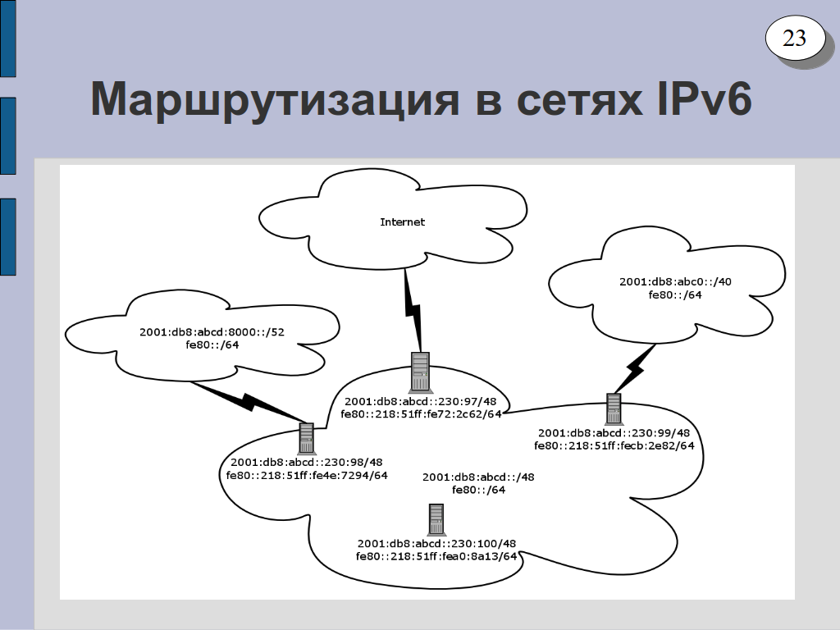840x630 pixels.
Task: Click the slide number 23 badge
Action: click(x=794, y=39)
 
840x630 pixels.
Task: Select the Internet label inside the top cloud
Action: click(x=402, y=222)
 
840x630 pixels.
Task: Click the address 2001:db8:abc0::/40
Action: click(x=675, y=281)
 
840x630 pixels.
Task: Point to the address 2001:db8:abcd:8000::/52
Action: click(x=212, y=332)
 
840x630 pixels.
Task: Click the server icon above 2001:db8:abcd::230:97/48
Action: click(x=420, y=372)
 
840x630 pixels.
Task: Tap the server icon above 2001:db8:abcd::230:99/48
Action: click(x=614, y=408)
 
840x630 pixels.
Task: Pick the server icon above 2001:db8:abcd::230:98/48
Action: click(x=307, y=437)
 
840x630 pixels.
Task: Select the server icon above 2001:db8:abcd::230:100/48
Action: click(x=436, y=519)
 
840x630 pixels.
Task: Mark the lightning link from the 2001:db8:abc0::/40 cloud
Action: click(x=633, y=369)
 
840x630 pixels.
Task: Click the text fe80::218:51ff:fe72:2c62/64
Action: click(x=421, y=414)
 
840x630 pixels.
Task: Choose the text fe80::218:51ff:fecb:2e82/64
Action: click(x=614, y=446)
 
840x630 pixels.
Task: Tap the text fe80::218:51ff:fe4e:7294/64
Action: click(x=308, y=475)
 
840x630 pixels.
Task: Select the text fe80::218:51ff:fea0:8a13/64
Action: click(x=436, y=556)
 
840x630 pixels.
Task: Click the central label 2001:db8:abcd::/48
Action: click(x=478, y=477)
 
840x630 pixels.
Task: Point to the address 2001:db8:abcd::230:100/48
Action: click(x=436, y=544)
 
